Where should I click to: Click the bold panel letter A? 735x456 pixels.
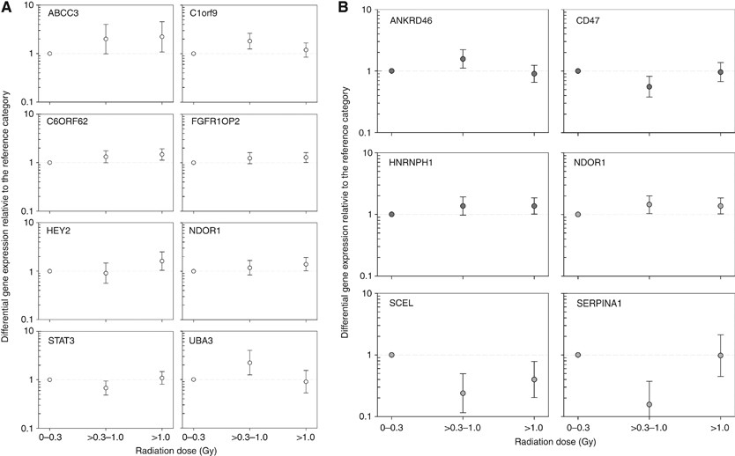[6, 7]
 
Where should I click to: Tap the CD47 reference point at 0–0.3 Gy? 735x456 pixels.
[578, 70]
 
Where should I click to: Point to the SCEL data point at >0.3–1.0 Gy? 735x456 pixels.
[463, 393]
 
